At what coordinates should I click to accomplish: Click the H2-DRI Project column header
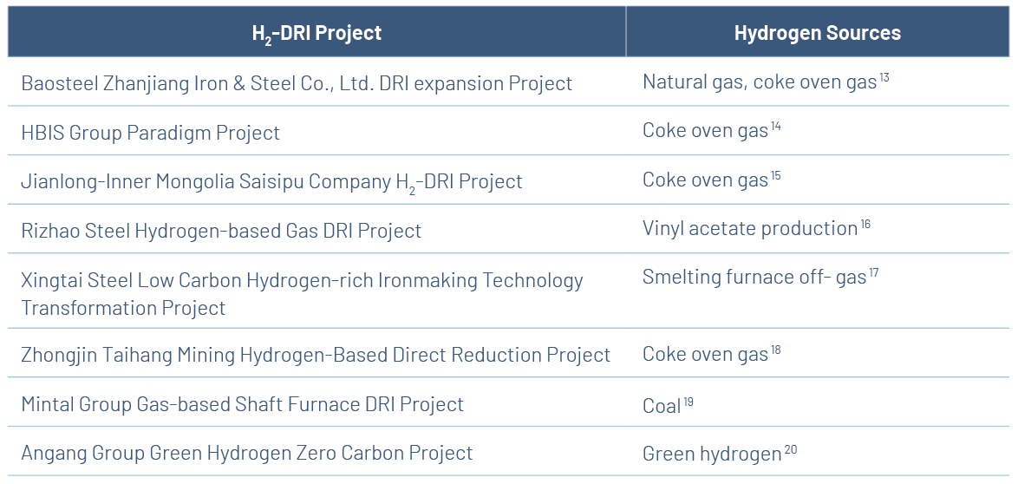point(316,33)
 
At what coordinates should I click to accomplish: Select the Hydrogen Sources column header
point(818,33)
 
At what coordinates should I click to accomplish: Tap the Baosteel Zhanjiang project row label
point(297,83)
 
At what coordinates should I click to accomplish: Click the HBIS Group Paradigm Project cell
point(151,133)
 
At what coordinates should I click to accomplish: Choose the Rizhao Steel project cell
point(221,231)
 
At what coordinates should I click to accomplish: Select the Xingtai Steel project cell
point(302,294)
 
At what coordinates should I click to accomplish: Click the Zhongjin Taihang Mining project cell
point(316,355)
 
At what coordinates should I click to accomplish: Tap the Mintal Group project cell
point(242,404)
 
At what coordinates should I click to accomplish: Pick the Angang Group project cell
point(247,453)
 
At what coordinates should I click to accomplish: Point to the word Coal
point(662,405)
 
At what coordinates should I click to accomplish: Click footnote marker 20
point(791,449)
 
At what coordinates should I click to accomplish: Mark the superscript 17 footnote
point(873,273)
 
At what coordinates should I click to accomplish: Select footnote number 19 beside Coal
point(688,402)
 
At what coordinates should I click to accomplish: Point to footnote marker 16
point(865,225)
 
